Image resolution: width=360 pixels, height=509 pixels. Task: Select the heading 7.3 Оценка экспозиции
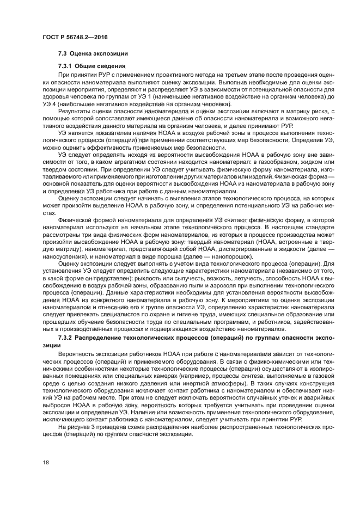click(93, 54)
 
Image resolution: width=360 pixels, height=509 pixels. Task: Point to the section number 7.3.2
click(65, 339)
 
